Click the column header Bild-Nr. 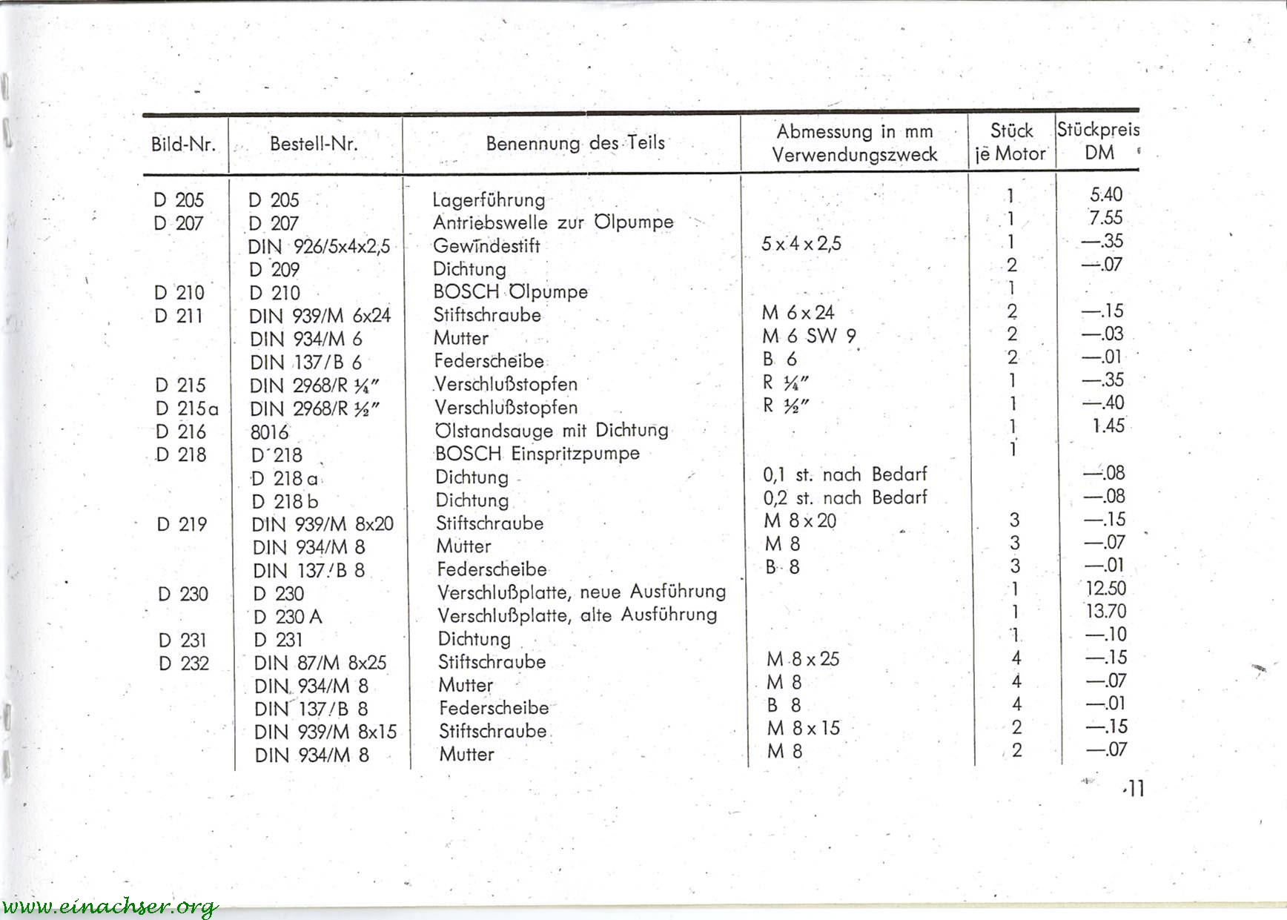click(183, 144)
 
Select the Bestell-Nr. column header click(314, 144)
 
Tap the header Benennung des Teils click(575, 143)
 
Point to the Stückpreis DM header click(1098, 141)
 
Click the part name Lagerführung click(489, 199)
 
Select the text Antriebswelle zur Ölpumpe click(553, 222)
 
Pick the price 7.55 click(1105, 218)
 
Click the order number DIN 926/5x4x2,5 click(319, 246)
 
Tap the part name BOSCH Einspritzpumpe click(537, 453)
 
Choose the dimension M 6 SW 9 click(809, 336)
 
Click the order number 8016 click(269, 432)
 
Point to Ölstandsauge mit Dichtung click(552, 430)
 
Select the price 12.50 click(1105, 589)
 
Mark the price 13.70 click(1105, 612)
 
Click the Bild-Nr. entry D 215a click(187, 408)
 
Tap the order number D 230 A click(288, 617)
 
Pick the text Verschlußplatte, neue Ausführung click(581, 592)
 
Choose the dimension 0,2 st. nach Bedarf click(845, 497)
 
